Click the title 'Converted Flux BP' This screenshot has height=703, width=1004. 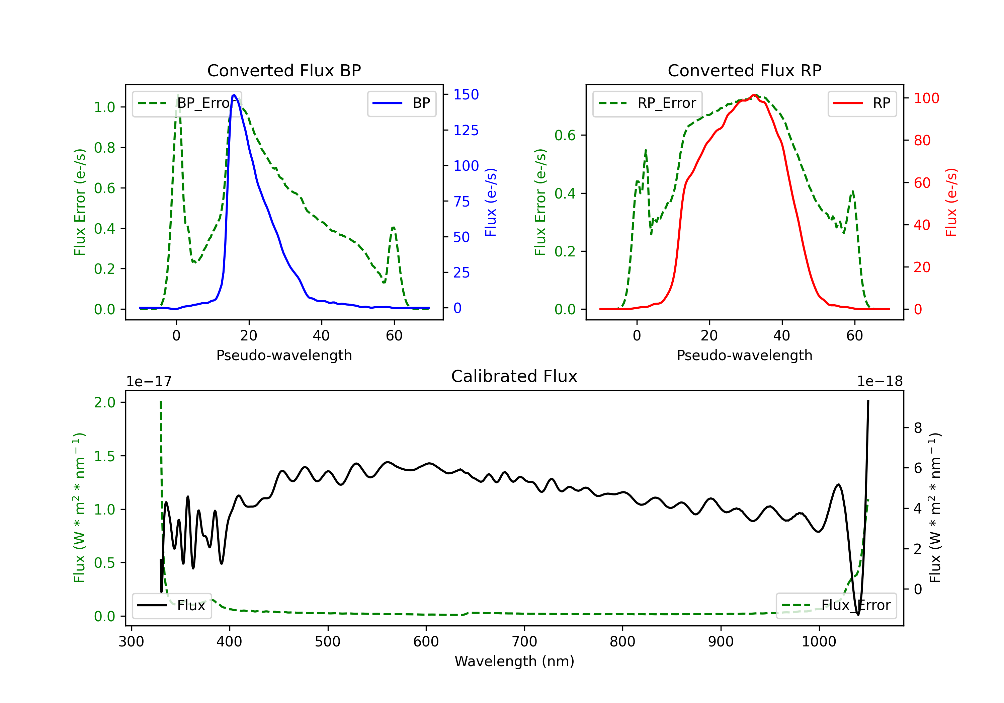click(284, 70)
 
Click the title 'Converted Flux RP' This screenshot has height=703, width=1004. click(744, 70)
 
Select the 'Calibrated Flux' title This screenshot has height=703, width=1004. click(514, 376)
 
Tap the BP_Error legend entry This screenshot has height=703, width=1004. click(187, 103)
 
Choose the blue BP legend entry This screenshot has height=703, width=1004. click(401, 103)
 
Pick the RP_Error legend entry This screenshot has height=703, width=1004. click(647, 103)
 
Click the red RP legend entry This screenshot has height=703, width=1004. click(862, 103)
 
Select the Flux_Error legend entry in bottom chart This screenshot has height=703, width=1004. click(836, 606)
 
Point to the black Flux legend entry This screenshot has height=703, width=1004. click(171, 606)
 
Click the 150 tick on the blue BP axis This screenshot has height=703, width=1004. click(466, 94)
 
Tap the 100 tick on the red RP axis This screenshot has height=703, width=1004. click(926, 98)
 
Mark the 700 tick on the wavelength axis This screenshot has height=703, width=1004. click(524, 641)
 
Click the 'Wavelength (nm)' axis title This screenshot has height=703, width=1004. click(514, 661)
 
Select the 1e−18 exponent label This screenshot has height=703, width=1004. click(880, 382)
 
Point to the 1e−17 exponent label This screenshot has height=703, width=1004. click(149, 382)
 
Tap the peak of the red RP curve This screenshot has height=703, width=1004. click(754, 95)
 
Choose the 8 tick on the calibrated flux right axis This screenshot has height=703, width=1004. click(918, 428)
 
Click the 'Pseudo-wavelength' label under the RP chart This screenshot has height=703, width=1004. click(744, 355)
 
